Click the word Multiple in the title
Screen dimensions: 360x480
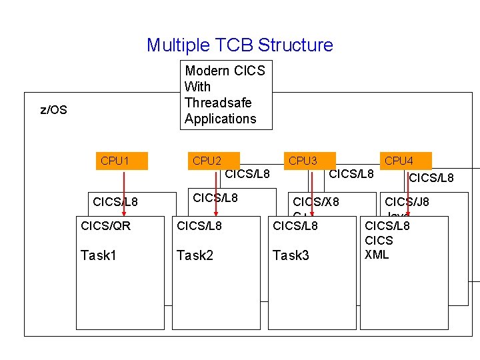[176, 45]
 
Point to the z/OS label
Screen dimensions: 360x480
[54, 110]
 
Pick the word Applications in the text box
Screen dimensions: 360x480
[220, 119]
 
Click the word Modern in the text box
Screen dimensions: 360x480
[205, 71]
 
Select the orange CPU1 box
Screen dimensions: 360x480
[121, 161]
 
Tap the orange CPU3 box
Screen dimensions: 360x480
[309, 161]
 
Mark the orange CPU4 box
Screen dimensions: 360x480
[405, 161]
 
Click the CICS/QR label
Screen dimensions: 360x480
[105, 226]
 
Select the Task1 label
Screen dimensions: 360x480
[98, 255]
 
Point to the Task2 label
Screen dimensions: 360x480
[194, 255]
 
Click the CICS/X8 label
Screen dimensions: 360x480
[316, 202]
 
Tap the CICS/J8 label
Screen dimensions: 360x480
[407, 202]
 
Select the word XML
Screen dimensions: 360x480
[377, 254]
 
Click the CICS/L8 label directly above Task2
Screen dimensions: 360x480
[199, 226]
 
